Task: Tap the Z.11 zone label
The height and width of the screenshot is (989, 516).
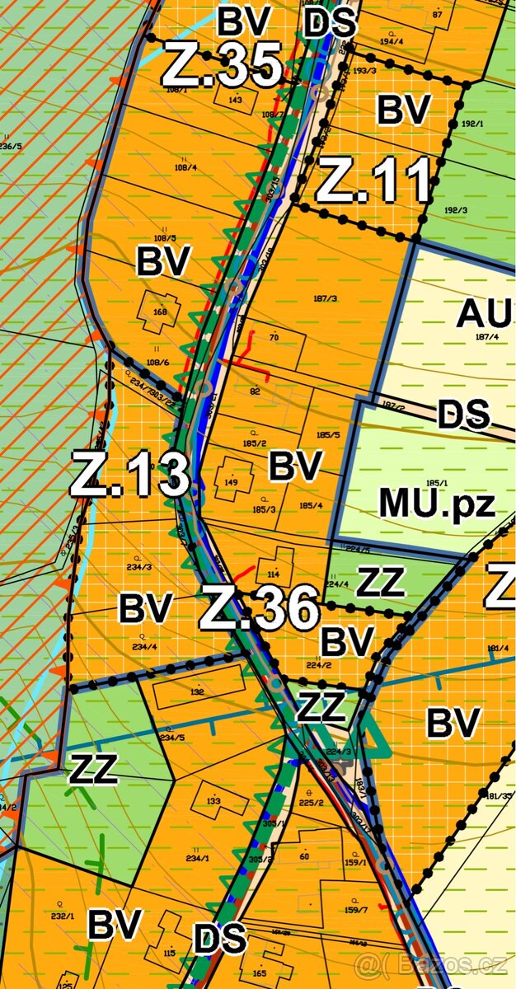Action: tap(373, 181)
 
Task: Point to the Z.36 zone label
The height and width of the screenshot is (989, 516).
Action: tap(259, 608)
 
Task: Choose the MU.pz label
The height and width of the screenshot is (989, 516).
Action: tap(437, 501)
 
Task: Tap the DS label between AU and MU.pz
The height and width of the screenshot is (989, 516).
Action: tap(463, 415)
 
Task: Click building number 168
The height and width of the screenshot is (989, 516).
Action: tap(159, 312)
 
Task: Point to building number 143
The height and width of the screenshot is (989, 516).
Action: tap(236, 100)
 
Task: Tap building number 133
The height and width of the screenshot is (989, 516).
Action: tap(213, 800)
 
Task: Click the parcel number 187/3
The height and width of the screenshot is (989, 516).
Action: tap(327, 298)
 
